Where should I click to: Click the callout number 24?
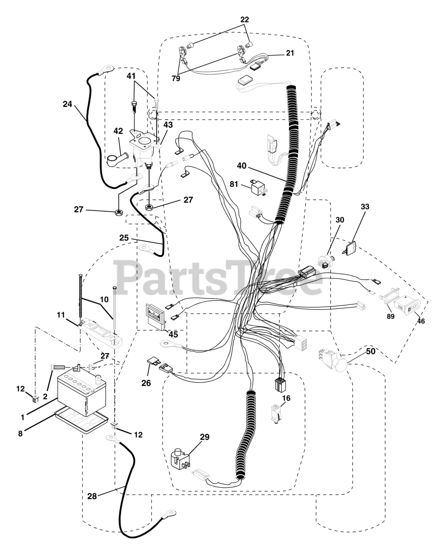[x=67, y=104]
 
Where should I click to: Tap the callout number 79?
[x=176, y=79]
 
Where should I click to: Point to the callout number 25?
[x=124, y=238]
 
